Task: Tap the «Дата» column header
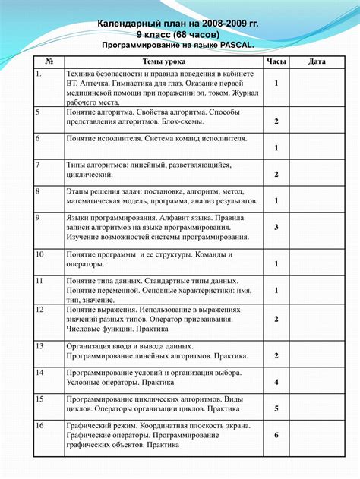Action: (317, 60)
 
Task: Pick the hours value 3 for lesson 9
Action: (276, 227)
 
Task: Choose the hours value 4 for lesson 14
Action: (276, 382)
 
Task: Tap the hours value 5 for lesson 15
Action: (276, 408)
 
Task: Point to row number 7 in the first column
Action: (38, 165)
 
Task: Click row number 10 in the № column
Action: (40, 255)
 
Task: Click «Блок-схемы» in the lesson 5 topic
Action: (182, 121)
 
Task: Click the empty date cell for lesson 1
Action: (317, 84)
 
